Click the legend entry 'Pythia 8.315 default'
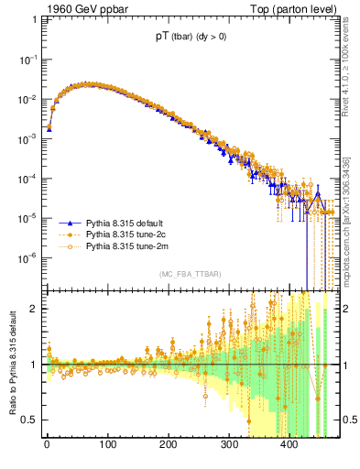128,223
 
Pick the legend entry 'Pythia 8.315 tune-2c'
128,234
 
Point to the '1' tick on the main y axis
34,19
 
